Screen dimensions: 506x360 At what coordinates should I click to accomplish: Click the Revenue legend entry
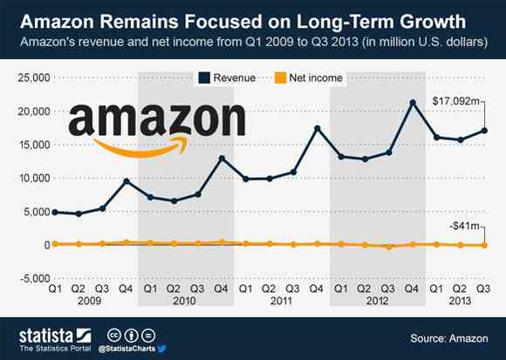coord(227,78)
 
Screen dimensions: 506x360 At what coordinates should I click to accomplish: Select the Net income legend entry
coord(308,78)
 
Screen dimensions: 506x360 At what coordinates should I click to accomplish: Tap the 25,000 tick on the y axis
coord(34,78)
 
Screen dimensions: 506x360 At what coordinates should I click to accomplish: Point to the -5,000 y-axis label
coord(35,278)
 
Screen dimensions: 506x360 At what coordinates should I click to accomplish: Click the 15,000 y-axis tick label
coord(34,145)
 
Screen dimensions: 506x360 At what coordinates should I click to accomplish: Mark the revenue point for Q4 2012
coord(413,103)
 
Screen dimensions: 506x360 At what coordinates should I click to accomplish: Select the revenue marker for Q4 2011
coord(318,129)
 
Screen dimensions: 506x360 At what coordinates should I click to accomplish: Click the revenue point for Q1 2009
coord(55,212)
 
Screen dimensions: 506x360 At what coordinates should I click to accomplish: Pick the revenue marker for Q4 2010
coord(222,159)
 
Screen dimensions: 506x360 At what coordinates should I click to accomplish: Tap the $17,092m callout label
coord(456,101)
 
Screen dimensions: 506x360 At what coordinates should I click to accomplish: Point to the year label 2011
coord(281,301)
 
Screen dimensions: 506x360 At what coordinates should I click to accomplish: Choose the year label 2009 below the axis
coord(89,301)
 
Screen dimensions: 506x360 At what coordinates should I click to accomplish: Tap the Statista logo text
coord(46,336)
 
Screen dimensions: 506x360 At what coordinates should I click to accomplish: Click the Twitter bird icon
coord(162,349)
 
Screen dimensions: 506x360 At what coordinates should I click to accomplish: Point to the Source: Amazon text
coord(449,338)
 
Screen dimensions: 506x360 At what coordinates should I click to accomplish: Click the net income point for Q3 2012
coord(389,247)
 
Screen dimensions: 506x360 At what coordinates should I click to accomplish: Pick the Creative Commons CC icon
coord(114,336)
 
